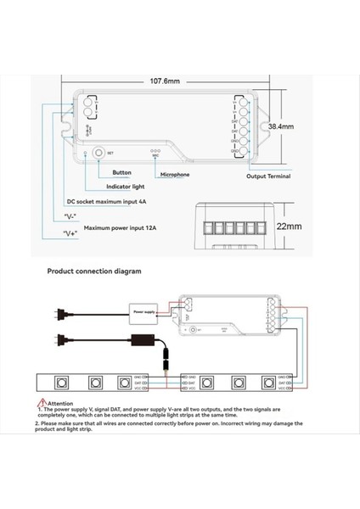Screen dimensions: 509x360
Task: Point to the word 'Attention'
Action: pyautogui.click(x=60, y=404)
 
